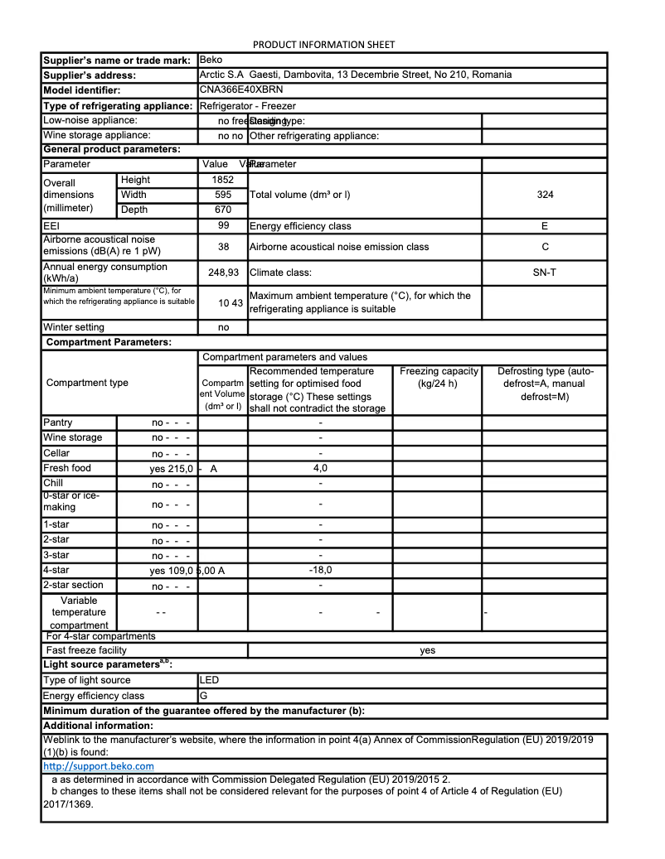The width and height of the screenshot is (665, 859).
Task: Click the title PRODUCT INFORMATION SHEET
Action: pyautogui.click(x=323, y=45)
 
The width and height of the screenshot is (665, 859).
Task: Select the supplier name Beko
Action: pyautogui.click(x=211, y=60)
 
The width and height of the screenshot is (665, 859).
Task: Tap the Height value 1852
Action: pyautogui.click(x=223, y=180)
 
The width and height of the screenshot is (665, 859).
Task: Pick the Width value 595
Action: pyautogui.click(x=223, y=195)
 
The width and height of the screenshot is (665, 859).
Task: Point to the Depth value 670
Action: pyautogui.click(x=223, y=210)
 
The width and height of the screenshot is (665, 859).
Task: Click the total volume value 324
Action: pyautogui.click(x=544, y=195)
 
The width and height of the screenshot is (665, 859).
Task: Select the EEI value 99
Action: pyautogui.click(x=223, y=225)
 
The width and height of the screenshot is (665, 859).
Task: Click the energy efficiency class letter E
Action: pyautogui.click(x=544, y=225)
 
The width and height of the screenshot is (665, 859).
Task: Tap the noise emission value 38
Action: pyautogui.click(x=223, y=247)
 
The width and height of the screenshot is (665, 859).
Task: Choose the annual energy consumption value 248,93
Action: pyautogui.click(x=223, y=273)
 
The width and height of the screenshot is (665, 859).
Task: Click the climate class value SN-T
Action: pyautogui.click(x=544, y=273)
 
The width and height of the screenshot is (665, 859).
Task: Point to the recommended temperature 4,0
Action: pyautogui.click(x=320, y=469)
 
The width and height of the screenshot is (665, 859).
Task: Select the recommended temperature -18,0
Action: pyautogui.click(x=320, y=570)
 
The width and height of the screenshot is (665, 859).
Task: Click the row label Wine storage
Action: pyautogui.click(x=73, y=437)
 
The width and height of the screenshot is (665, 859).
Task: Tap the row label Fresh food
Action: pyautogui.click(x=67, y=468)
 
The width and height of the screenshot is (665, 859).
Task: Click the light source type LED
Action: pyautogui.click(x=210, y=680)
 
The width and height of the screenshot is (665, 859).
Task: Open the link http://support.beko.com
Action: pyautogui.click(x=98, y=766)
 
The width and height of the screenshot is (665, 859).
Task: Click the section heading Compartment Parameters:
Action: pyautogui.click(x=109, y=342)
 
